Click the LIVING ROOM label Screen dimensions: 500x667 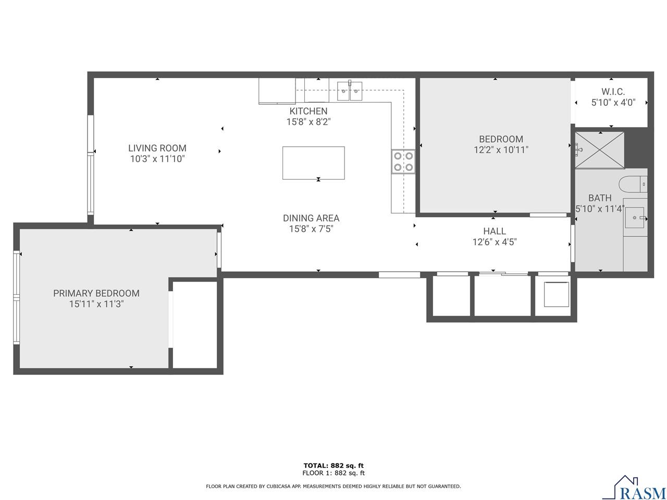tap(157, 148)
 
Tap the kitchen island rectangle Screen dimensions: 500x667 tap(313, 163)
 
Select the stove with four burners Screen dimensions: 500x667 tap(403, 161)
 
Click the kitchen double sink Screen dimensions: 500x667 tap(350, 92)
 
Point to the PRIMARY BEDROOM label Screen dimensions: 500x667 tap(96, 293)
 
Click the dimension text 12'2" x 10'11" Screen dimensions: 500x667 tap(501, 150)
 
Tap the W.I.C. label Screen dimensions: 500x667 tap(613, 92)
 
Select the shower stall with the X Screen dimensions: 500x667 tap(599, 150)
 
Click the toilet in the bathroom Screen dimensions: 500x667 tap(633, 184)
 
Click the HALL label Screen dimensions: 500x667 tap(494, 231)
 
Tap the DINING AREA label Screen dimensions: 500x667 tap(311, 218)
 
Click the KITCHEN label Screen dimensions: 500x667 tap(308, 111)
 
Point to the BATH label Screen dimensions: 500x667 tap(600, 198)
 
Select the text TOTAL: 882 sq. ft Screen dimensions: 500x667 tap(333, 466)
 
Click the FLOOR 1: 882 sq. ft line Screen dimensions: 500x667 tap(333, 473)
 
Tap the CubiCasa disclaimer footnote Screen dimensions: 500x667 tap(333, 486)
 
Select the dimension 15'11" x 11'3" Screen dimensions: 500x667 tap(96, 304)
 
